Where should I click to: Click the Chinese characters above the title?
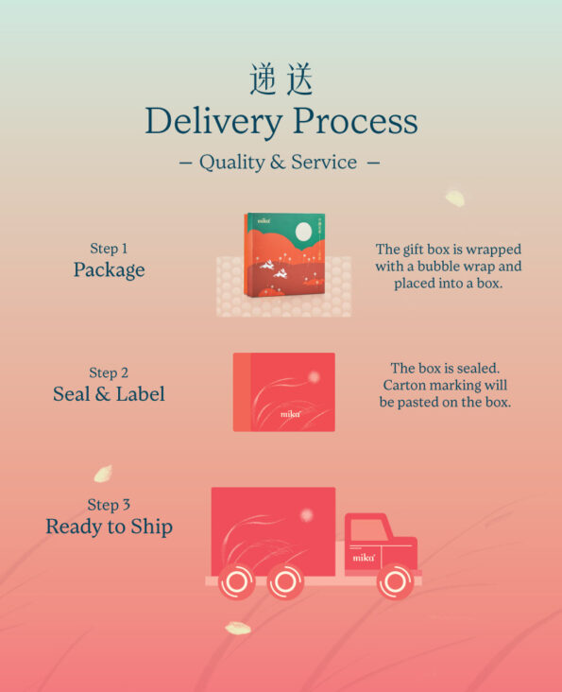[281, 79]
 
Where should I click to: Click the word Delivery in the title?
[213, 121]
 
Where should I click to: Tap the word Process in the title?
[355, 121]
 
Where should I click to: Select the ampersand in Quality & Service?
[278, 163]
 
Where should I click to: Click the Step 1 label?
[109, 249]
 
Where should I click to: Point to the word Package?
[109, 270]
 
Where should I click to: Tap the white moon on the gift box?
[303, 232]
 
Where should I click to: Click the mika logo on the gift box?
[264, 220]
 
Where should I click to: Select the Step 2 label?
[109, 372]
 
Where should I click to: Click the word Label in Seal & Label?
[140, 393]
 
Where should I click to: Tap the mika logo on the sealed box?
[291, 414]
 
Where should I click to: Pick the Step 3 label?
[109, 505]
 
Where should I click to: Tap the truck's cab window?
[369, 529]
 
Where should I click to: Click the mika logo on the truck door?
[364, 558]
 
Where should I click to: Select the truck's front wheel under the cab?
[396, 581]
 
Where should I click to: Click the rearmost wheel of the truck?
[237, 581]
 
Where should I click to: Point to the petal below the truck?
[238, 628]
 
